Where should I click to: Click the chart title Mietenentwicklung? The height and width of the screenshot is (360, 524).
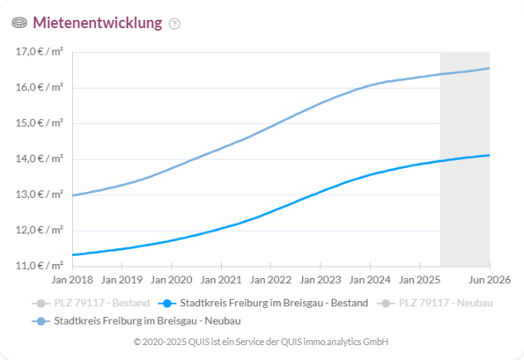coord(97,23)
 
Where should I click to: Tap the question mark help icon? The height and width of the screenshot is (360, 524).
coord(174,24)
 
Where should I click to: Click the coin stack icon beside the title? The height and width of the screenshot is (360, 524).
coord(20,23)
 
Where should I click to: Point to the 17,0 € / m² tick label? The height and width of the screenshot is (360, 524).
coord(40,52)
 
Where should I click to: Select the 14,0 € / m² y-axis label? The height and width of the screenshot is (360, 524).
coord(40,159)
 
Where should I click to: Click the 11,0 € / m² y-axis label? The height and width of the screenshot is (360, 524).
coord(40,266)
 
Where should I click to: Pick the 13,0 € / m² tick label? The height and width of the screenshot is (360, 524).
coord(40,194)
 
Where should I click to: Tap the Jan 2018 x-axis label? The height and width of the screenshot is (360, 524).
coord(73,281)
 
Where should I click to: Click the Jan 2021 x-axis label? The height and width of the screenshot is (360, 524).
coord(220,281)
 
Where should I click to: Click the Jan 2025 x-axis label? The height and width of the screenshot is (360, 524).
coord(417,281)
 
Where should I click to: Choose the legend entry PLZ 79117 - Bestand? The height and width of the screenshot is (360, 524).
coord(92,304)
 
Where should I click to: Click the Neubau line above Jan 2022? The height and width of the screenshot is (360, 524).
coord(270,127)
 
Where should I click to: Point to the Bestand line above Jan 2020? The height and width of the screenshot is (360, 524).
coord(171,241)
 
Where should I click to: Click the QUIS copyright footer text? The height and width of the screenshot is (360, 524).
coord(261,342)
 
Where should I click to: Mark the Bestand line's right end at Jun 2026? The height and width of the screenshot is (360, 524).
coord(488,155)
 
